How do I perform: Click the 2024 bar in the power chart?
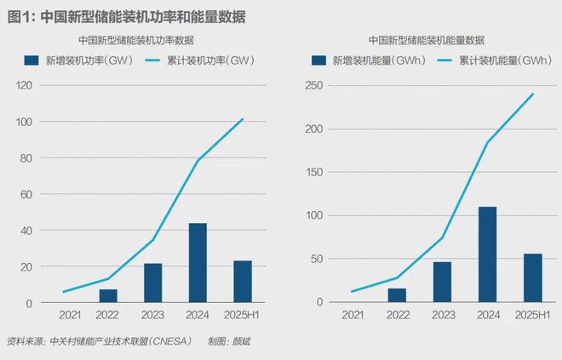(x=198, y=263)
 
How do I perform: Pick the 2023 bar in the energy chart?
(x=442, y=282)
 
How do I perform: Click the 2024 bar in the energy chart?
(x=487, y=254)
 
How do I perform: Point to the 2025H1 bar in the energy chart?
(x=533, y=277)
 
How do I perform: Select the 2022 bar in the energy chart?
(x=397, y=295)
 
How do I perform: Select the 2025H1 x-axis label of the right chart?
(x=532, y=316)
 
